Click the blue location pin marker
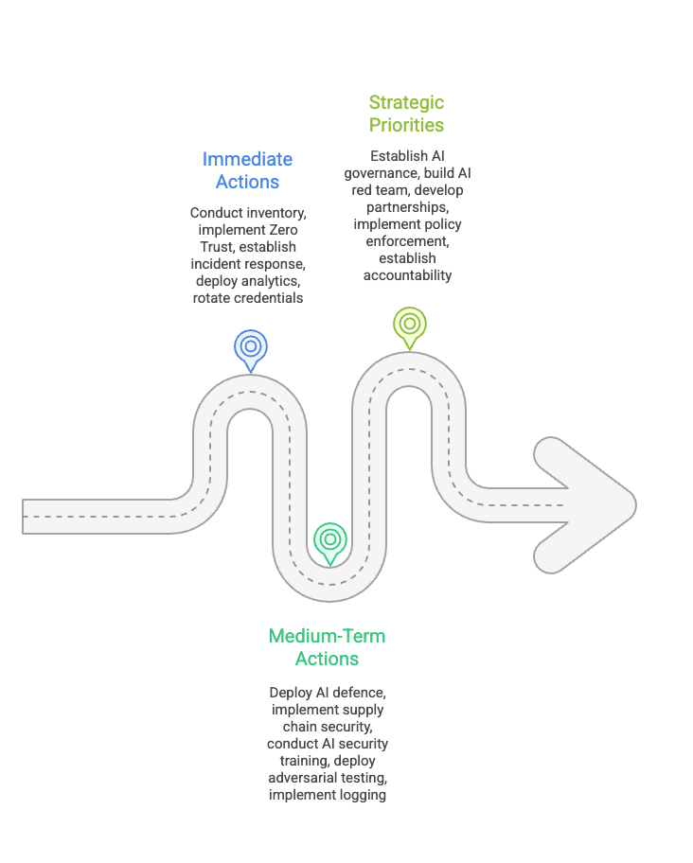click(x=250, y=348)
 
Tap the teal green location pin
click(x=329, y=540)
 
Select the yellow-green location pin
click(x=409, y=325)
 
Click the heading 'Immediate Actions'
click(x=247, y=170)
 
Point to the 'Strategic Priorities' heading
click(x=406, y=114)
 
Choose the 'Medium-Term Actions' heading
click(x=327, y=647)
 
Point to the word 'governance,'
click(x=383, y=173)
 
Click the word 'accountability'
click(x=407, y=275)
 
